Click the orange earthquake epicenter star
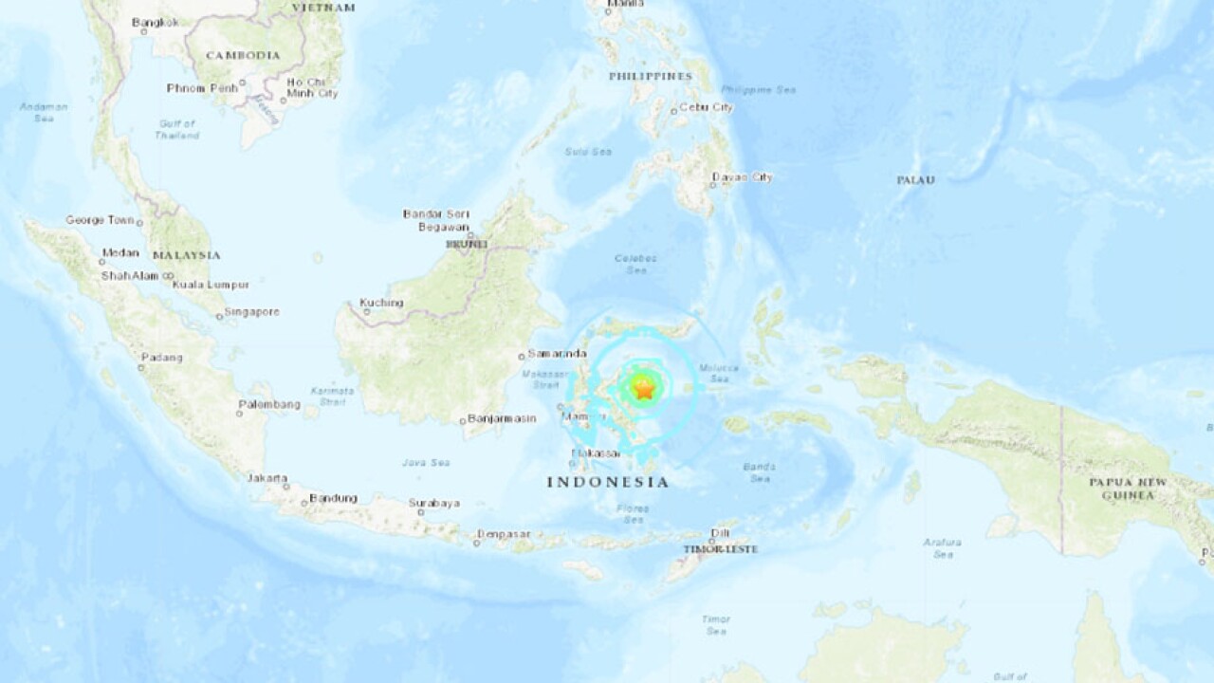pos(644,388)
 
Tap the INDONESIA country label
pos(607,482)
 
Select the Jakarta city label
pos(267,478)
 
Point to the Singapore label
pos(251,311)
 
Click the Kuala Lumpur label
pos(212,284)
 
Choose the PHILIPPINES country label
pos(650,75)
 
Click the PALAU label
pos(915,179)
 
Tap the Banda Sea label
pos(760,472)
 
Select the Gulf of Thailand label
pos(177,130)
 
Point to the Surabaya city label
pos(434,503)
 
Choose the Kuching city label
pos(381,303)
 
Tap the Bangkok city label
pos(155,22)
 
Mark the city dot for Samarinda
pos(522,357)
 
